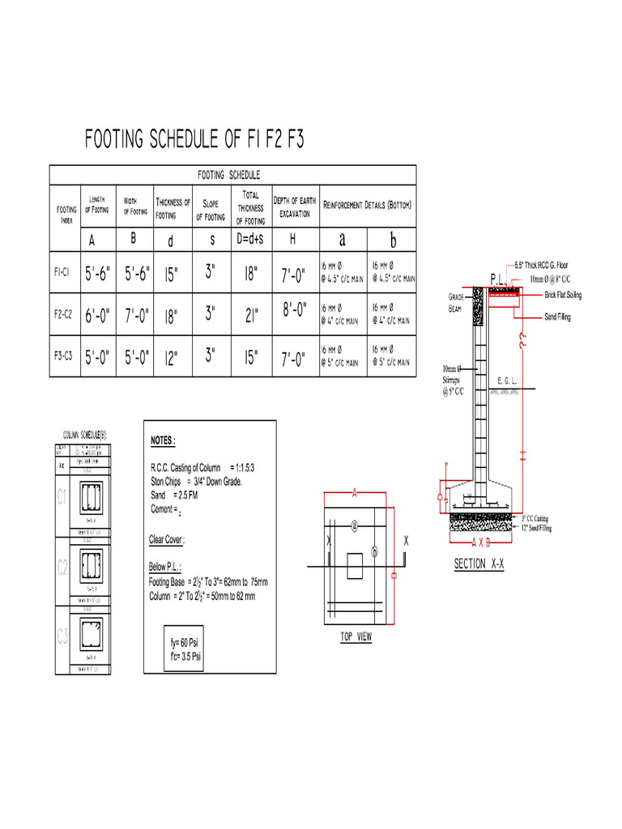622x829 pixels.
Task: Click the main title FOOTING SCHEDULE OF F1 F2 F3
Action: click(194, 140)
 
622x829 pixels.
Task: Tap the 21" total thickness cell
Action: click(251, 317)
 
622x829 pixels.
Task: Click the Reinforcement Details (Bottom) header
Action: click(367, 205)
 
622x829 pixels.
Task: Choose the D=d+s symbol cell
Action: click(250, 240)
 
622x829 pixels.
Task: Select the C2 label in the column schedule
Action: click(63, 569)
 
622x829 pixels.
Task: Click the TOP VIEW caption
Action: click(356, 637)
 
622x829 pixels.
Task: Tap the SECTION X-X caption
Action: click(479, 564)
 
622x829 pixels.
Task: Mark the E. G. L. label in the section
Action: click(508, 379)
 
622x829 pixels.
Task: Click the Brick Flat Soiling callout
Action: click(563, 295)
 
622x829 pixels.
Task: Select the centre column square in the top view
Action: click(355, 567)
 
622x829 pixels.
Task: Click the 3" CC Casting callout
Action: click(536, 518)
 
